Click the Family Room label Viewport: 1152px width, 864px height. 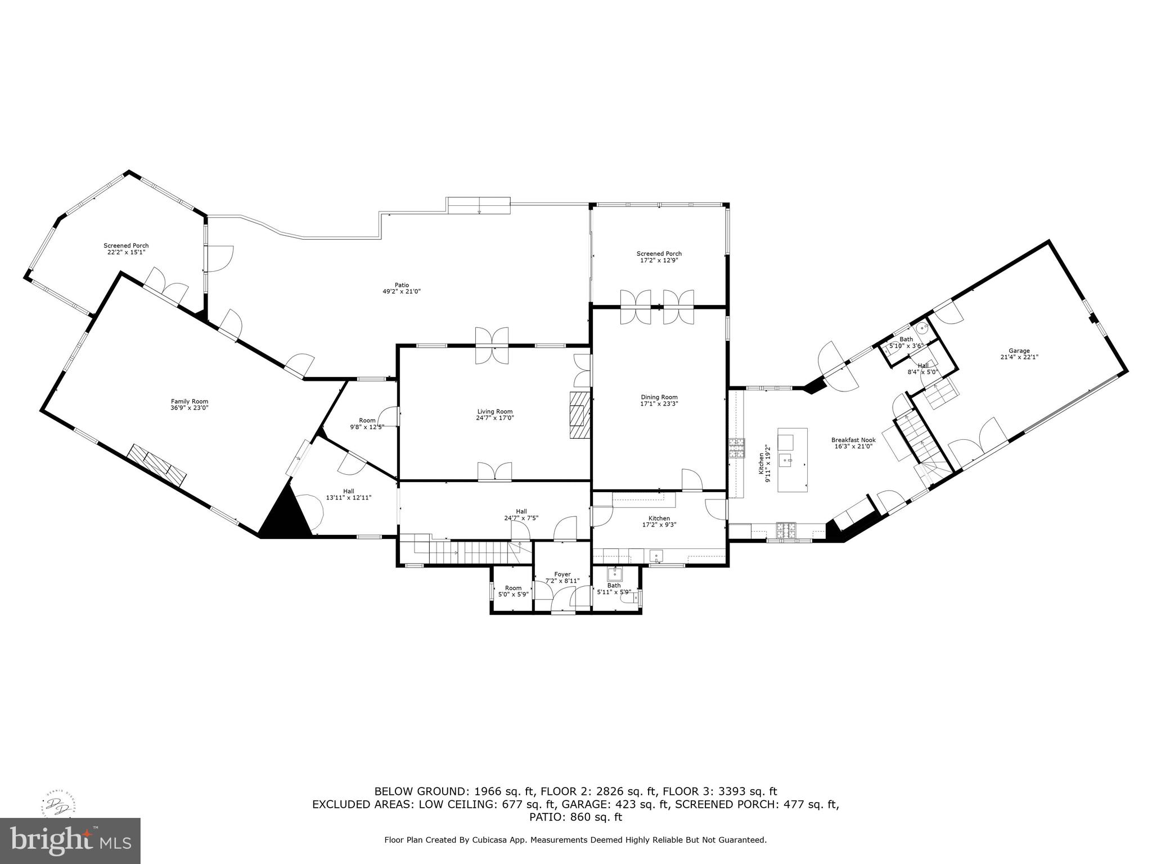186,401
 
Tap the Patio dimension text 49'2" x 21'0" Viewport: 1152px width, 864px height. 402,291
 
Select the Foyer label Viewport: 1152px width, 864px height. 562,574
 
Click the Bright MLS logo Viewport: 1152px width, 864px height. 70,841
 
